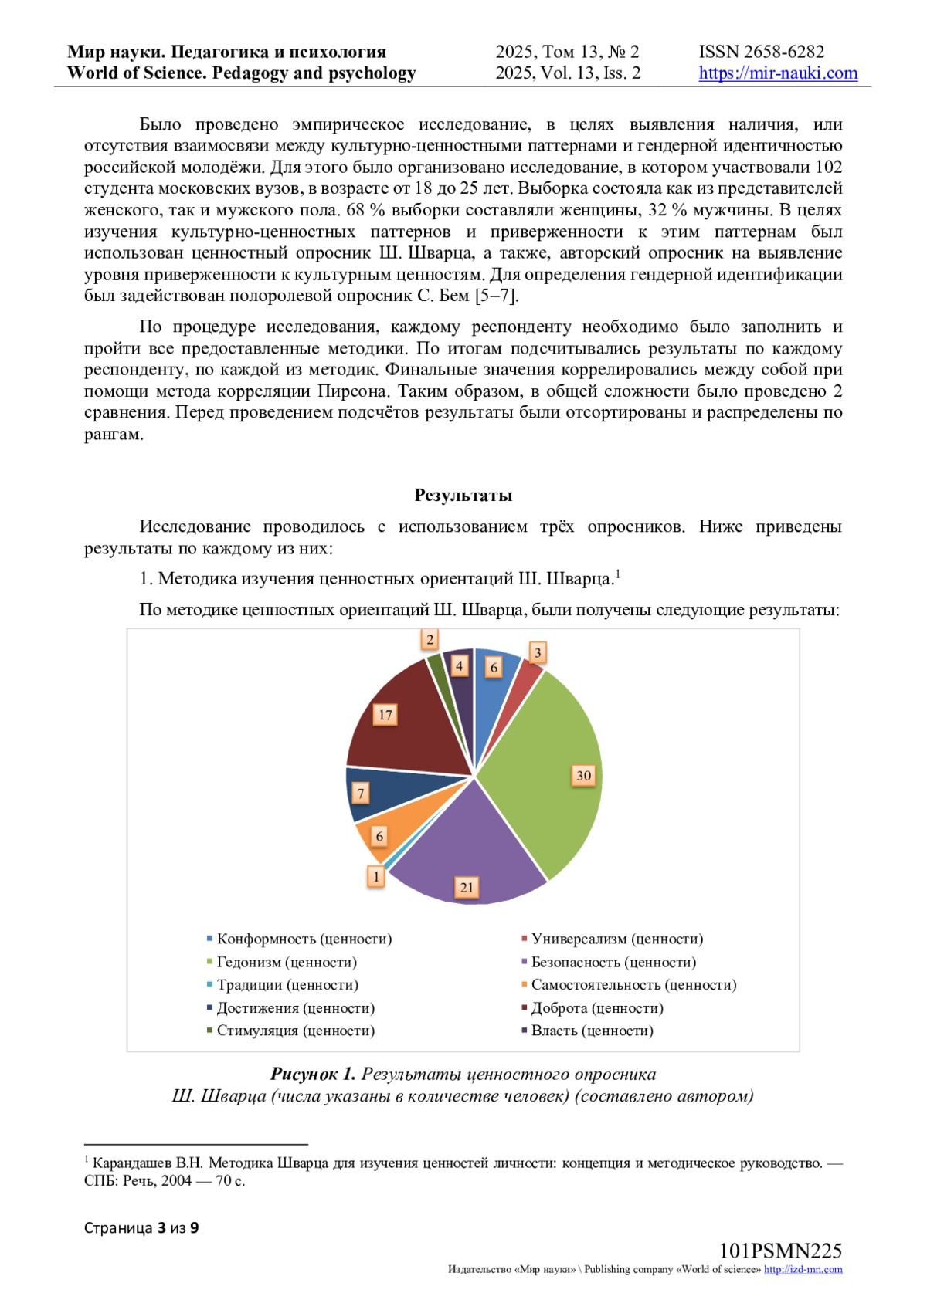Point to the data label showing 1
[376, 876]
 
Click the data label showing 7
[361, 793]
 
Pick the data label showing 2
[430, 639]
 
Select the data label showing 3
[538, 652]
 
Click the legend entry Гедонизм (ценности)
[286, 962]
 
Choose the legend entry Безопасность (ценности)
[613, 962]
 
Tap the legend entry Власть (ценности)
[591, 1031]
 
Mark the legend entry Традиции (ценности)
[287, 985]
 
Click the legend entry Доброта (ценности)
[596, 1008]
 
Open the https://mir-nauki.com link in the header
[778, 73]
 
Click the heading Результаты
[463, 495]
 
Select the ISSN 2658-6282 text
[762, 52]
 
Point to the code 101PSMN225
[780, 1251]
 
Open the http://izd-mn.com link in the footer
[803, 1270]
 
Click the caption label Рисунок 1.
[313, 1075]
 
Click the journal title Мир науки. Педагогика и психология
[226, 52]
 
